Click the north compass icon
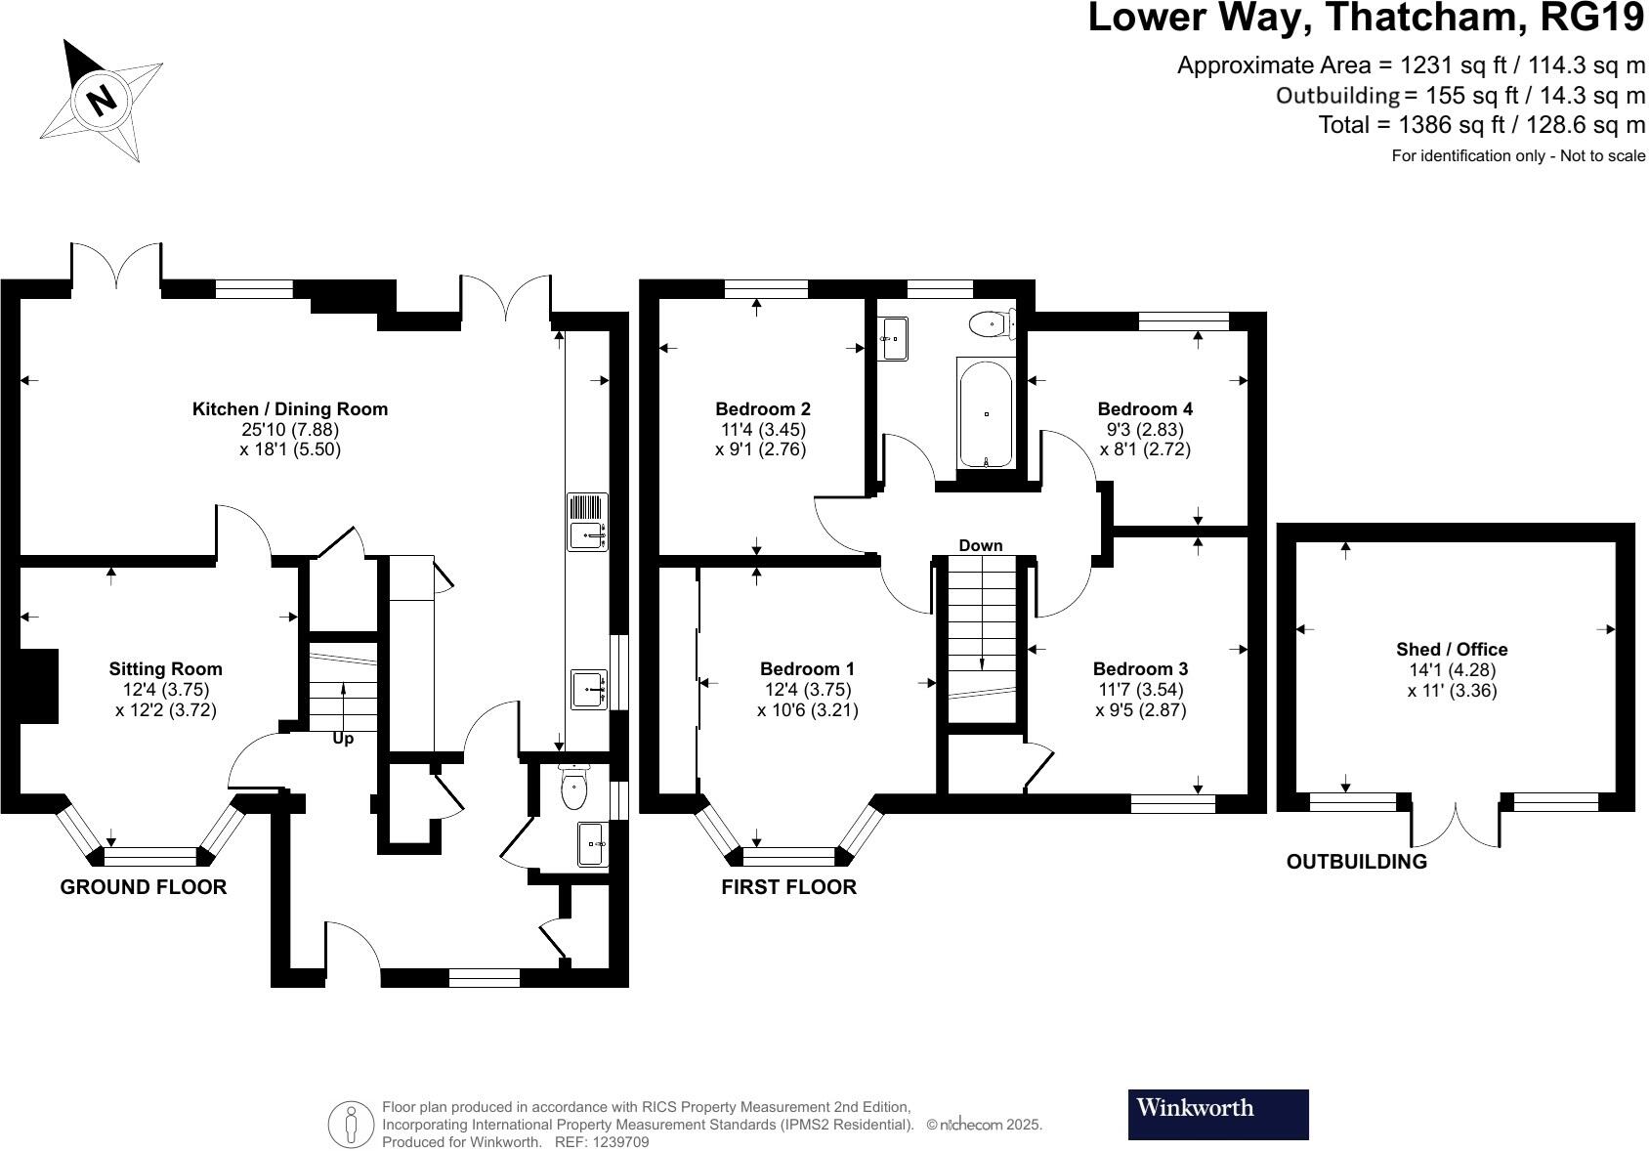101,99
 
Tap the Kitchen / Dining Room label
290,409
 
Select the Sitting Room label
165,669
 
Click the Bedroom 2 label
763,409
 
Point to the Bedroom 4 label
1145,409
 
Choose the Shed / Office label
1452,650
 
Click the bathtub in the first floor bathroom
987,414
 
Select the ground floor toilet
573,789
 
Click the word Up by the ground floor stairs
343,740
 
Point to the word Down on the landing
981,545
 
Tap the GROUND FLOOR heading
144,887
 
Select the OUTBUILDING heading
1356,862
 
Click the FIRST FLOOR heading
788,887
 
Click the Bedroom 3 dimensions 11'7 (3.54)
1141,690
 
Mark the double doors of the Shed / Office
1456,826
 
